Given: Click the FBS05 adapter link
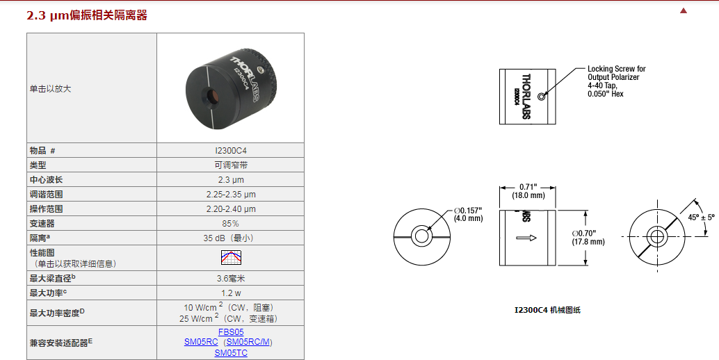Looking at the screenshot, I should pos(231,332).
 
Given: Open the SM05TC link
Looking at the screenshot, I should pos(231,353).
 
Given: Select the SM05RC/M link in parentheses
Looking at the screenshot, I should pos(250,342).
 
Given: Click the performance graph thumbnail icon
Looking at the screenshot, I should pos(231,258).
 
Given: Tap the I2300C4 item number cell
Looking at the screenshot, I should pos(231,150).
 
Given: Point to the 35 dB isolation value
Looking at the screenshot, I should pos(231,238).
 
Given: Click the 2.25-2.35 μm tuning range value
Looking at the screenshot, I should pos(231,194).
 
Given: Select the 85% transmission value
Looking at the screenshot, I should pos(231,223).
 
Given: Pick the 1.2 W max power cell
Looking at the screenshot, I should pos(231,293).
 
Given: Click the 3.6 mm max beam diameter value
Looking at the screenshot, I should pos(231,278).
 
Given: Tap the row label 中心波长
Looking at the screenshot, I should pos(46,179).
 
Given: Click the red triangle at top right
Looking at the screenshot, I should pos(684,10).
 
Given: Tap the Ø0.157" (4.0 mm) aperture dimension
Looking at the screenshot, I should pos(468,213).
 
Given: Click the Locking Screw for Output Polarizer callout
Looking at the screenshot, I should pos(616,81).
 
